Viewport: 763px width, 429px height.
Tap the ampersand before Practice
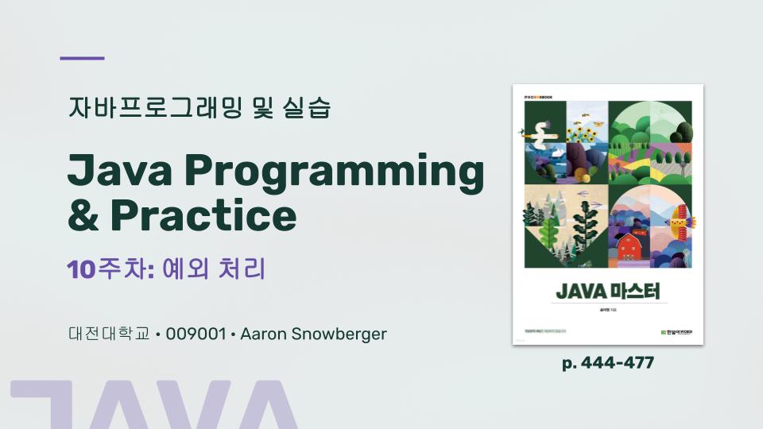pyautogui.click(x=83, y=214)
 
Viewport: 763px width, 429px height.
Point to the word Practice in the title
pyautogui.click(x=203, y=214)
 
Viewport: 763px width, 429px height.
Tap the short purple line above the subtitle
pyautogui.click(x=83, y=58)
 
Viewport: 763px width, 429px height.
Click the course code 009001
pyautogui.click(x=196, y=334)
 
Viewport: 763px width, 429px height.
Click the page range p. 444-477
pyautogui.click(x=608, y=363)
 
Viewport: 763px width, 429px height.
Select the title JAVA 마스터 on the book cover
pyautogui.click(x=608, y=291)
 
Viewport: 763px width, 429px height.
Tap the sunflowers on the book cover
pyautogui.click(x=586, y=131)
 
